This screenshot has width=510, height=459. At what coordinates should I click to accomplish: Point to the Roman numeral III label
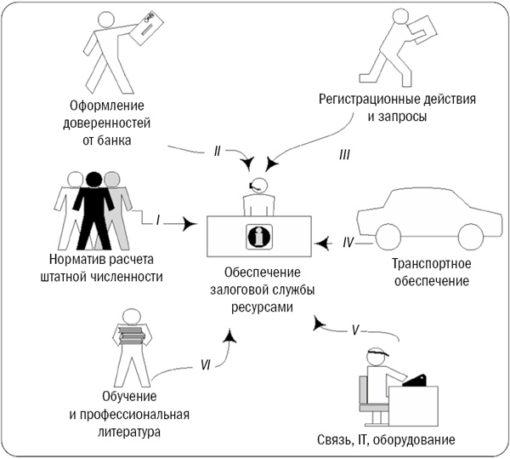click(344, 155)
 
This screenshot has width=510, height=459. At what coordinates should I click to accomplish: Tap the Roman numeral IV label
click(348, 243)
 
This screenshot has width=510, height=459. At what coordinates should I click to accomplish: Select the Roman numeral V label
click(357, 328)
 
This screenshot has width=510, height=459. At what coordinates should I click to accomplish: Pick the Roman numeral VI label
click(206, 366)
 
